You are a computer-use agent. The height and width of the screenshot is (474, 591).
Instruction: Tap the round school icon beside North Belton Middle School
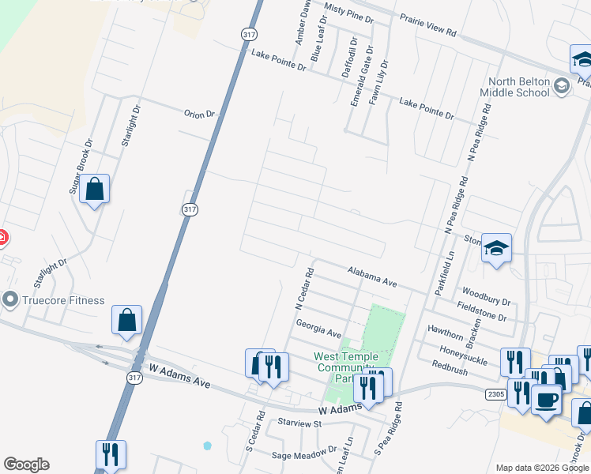562,85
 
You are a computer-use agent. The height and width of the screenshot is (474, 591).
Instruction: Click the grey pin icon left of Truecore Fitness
10,300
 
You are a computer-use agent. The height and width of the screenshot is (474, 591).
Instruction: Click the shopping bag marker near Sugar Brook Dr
94,190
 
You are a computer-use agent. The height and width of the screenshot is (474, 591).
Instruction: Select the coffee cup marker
545,400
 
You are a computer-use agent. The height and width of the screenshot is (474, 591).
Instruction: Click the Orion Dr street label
199,114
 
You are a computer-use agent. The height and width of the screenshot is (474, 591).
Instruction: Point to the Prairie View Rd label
428,26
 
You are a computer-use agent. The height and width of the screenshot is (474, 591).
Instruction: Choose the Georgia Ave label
318,329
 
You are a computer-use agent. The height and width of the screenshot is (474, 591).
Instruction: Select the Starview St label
295,423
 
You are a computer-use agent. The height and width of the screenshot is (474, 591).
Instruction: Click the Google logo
26,465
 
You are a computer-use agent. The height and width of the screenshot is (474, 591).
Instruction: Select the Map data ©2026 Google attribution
542,468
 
